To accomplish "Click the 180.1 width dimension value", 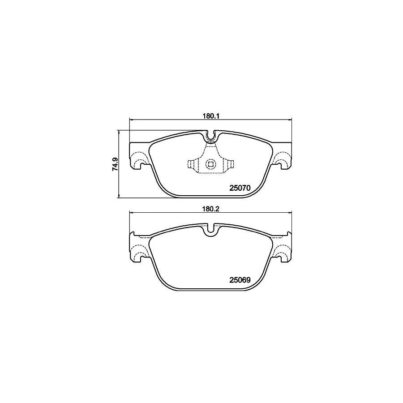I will [210, 115].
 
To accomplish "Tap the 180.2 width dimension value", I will [210, 208].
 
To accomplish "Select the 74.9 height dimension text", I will [115, 164].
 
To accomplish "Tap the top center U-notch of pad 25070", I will [210, 135].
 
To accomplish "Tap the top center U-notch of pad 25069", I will [210, 230].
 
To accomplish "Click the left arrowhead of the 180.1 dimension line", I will [131, 120].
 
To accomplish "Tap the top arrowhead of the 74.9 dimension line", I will [119, 132].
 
